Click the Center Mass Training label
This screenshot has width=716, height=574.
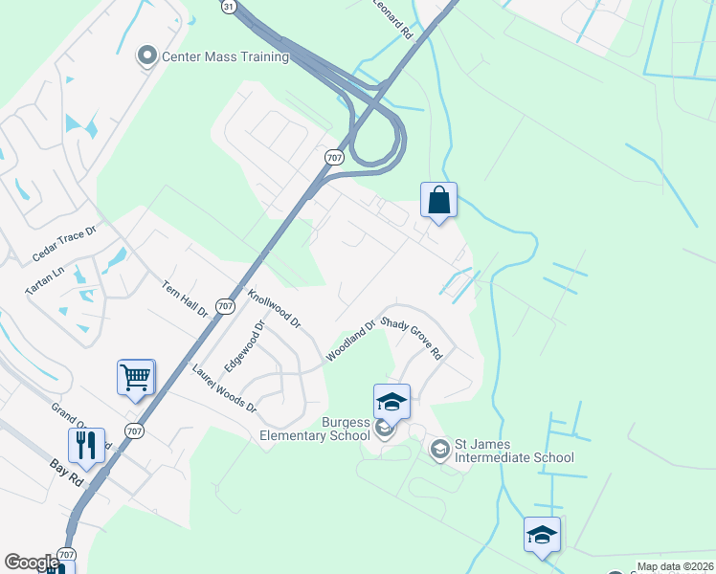[225, 56]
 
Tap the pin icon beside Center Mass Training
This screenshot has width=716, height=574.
[147, 56]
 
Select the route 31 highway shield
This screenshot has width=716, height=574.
[228, 6]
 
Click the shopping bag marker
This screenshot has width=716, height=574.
[438, 201]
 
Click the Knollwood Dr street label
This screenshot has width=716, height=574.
[274, 308]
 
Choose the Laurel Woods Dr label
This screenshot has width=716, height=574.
[225, 387]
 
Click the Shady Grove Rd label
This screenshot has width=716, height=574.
[412, 337]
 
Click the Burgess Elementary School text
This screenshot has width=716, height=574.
[315, 429]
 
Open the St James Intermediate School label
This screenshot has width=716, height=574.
[514, 451]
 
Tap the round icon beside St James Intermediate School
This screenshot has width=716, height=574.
[439, 449]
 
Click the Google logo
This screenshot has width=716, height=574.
[32, 563]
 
